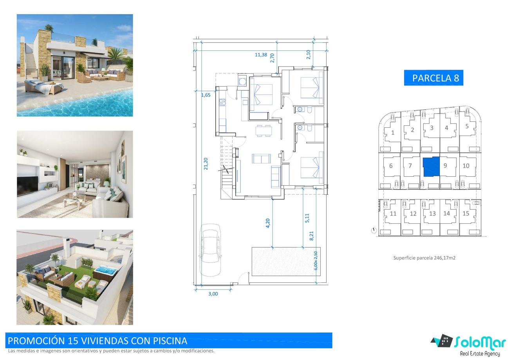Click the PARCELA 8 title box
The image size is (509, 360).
pyautogui.click(x=433, y=78)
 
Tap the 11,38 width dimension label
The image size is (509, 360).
pyautogui.click(x=261, y=55)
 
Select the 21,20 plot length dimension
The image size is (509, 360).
pyautogui.click(x=206, y=164)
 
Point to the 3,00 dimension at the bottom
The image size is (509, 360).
pyautogui.click(x=213, y=294)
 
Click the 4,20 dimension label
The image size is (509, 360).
pyautogui.click(x=268, y=223)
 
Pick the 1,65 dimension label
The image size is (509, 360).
pyautogui.click(x=206, y=95)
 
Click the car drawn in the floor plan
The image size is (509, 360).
pyautogui.click(x=210, y=250)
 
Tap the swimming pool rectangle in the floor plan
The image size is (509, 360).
pyautogui.click(x=286, y=261)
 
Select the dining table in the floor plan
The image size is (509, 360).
pyautogui.click(x=264, y=131)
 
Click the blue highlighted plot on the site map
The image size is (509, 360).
pyautogui.click(x=431, y=166)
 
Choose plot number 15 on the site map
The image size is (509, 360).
pyautogui.click(x=466, y=213)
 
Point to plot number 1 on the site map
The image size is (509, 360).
pyautogui.click(x=393, y=132)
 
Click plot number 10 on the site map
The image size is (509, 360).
pyautogui.click(x=466, y=166)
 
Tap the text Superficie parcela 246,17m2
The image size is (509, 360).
pyautogui.click(x=424, y=258)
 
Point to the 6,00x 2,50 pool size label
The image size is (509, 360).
pyautogui.click(x=316, y=261)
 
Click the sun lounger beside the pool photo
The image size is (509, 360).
pyautogui.click(x=43, y=86)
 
